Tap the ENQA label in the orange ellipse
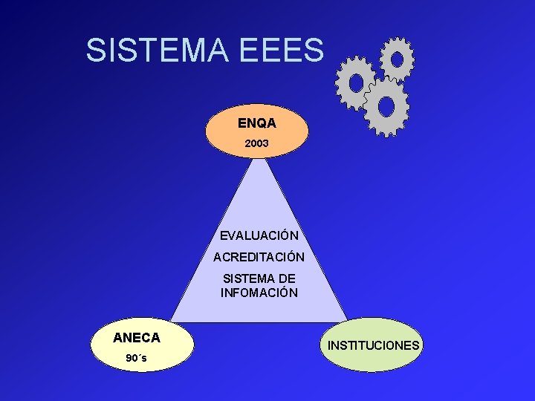coord(256,123)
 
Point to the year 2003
coord(256,142)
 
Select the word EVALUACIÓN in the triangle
coord(259,235)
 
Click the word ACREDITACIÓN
coord(259,258)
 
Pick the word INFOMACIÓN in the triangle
coord(259,293)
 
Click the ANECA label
coord(137,338)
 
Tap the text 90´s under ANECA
coord(136,358)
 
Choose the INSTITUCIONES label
coord(374,346)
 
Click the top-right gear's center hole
coord(397,58)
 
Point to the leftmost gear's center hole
coord(356,82)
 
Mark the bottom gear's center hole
coord(386,106)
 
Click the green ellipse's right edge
coord(423,345)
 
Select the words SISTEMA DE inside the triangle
coord(259,278)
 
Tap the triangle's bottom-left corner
coord(172,321)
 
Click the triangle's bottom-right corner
coord(346,321)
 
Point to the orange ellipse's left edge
coord(206,131)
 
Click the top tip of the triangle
coord(257,157)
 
